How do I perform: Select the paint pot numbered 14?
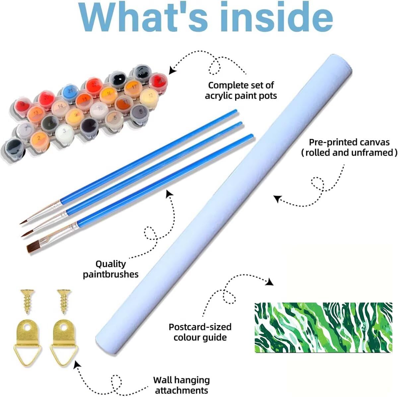(60, 108)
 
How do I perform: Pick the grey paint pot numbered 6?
(140, 113)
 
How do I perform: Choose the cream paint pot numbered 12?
(149, 97)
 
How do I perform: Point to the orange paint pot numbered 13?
(36, 114)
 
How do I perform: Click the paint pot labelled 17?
(133, 88)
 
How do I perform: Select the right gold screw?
(64, 302)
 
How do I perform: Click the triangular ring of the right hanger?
(64, 354)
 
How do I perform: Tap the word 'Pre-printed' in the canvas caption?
(332, 142)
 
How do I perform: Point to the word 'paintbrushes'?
(111, 275)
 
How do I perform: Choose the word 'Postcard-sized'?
(200, 327)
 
